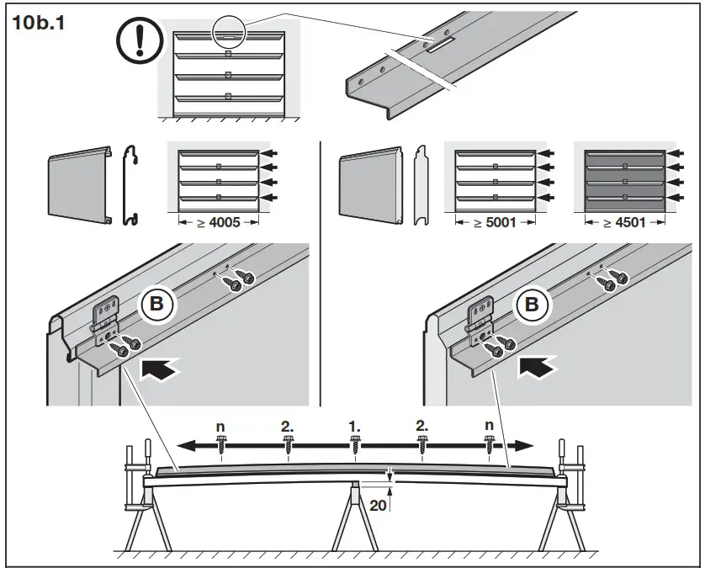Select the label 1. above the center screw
[355, 427]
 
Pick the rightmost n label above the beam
[490, 427]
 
